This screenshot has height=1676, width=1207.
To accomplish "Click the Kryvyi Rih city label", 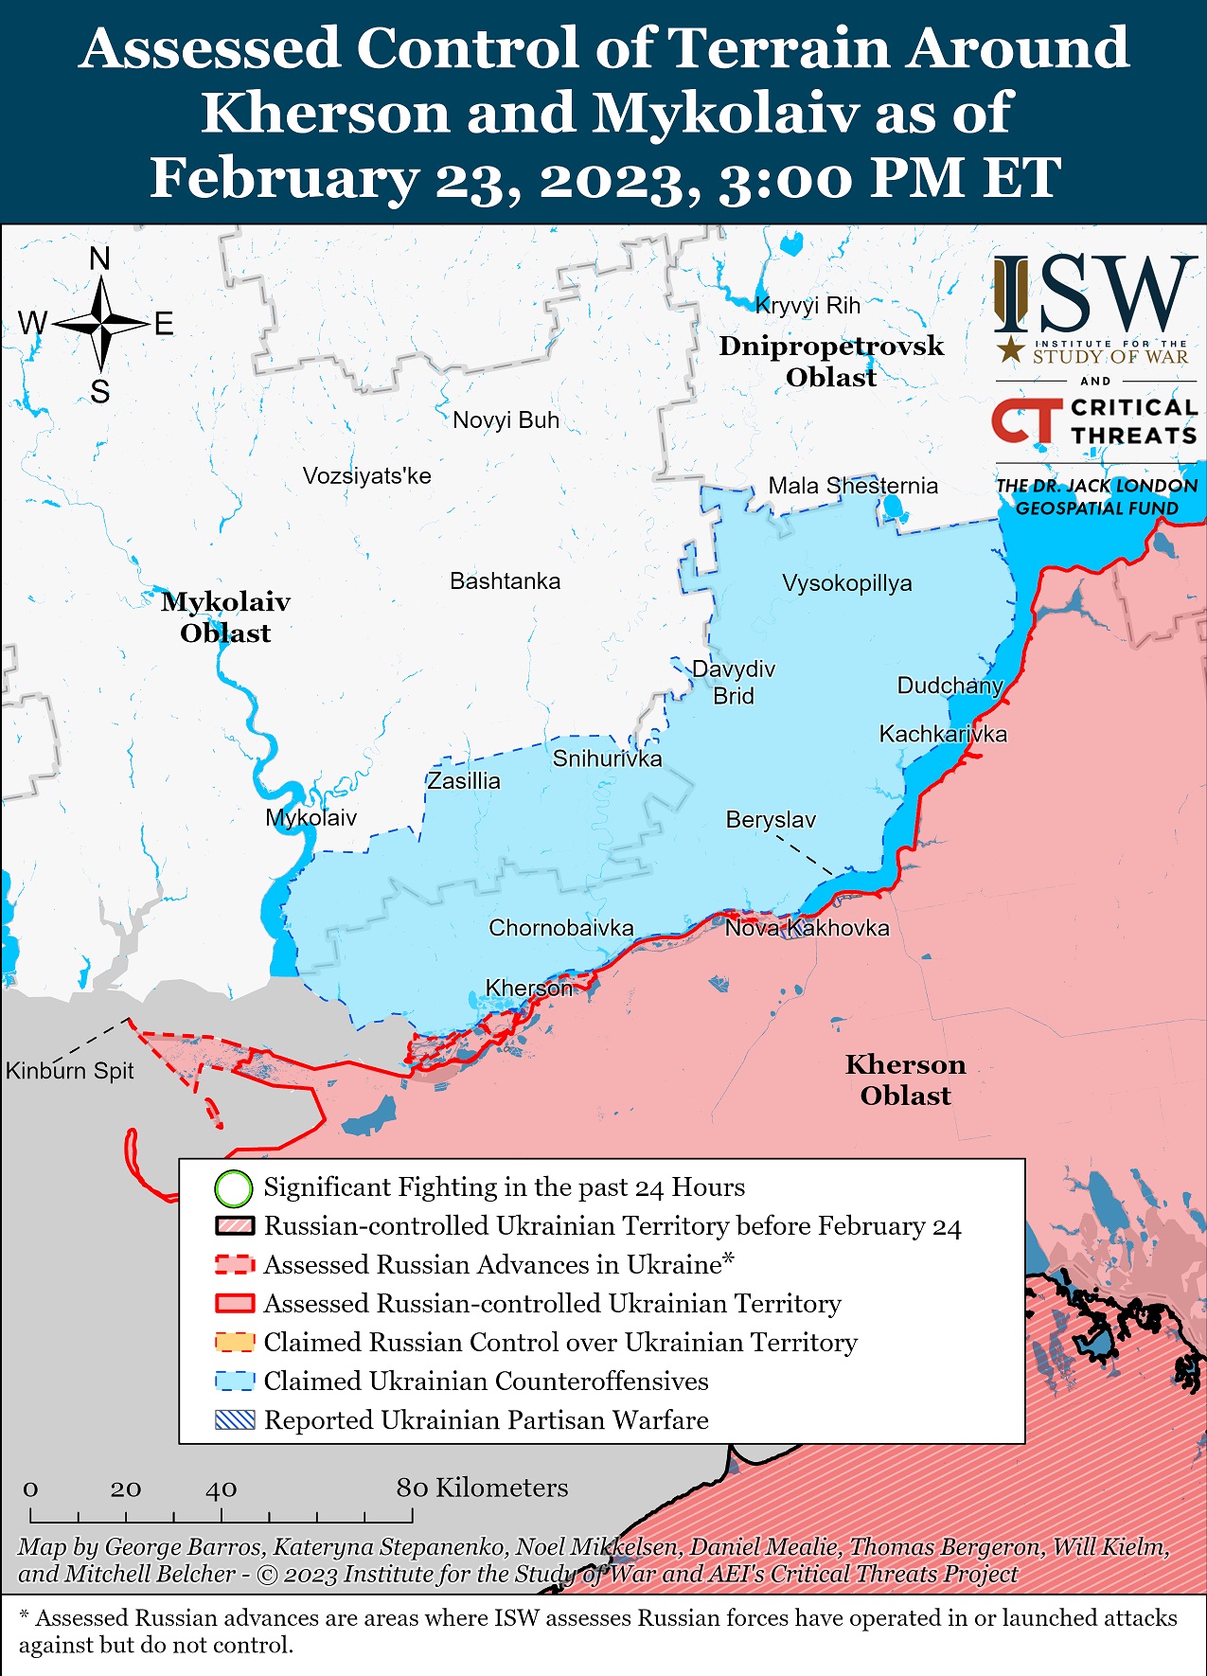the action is (x=808, y=306).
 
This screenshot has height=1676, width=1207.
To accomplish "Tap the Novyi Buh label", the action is (x=506, y=420).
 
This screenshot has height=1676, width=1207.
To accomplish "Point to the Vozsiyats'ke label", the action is (x=366, y=476).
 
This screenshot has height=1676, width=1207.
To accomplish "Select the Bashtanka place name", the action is (x=505, y=581).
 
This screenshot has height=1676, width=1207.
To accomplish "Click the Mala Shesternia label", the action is (x=852, y=487).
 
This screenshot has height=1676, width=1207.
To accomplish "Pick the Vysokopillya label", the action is (x=846, y=583).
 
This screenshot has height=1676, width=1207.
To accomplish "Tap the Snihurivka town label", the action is (x=607, y=758).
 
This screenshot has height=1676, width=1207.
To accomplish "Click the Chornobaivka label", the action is (x=560, y=928).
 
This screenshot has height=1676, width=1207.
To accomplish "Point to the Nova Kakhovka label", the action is (x=807, y=928).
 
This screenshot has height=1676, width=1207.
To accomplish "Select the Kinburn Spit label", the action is (x=70, y=1071).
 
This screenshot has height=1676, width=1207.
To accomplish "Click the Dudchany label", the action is (x=950, y=686).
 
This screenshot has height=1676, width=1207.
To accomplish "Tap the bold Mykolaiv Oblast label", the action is (x=225, y=617).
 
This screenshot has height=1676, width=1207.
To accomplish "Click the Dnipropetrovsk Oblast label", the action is (x=830, y=361).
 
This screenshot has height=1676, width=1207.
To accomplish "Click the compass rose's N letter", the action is (x=99, y=259).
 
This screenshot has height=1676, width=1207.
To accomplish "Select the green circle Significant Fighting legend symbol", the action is (x=234, y=1187).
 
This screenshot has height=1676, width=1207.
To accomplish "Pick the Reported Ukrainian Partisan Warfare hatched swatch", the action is (x=235, y=1420).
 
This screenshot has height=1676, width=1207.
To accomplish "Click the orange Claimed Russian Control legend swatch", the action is (x=235, y=1343).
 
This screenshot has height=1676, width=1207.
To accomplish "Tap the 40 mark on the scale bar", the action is (x=221, y=1489).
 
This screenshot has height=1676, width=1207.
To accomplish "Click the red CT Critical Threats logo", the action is (x=1026, y=420).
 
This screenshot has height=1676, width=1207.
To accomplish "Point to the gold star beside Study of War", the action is (x=1011, y=349).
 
